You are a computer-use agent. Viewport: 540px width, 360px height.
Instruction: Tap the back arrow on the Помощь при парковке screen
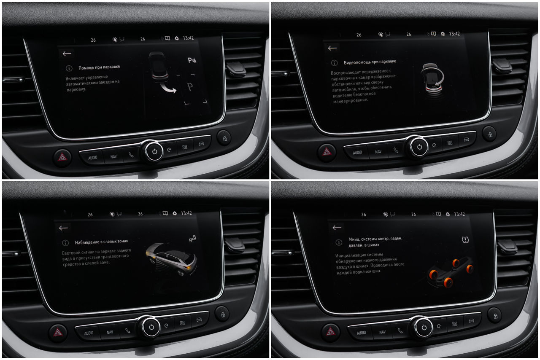(67, 54)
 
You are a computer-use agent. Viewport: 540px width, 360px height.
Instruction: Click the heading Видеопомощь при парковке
(370, 62)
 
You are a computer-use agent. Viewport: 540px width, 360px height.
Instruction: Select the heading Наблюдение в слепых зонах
(101, 242)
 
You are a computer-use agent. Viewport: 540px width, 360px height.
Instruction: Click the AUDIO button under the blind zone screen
(89, 333)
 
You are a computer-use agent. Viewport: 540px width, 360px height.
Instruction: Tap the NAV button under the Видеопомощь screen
(378, 152)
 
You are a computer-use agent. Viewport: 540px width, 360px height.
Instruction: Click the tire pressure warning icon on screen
(465, 239)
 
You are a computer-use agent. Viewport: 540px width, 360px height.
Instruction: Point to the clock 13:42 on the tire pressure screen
(459, 214)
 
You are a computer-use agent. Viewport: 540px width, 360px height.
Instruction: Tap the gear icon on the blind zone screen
(175, 213)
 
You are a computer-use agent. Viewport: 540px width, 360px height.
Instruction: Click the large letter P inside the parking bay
(190, 87)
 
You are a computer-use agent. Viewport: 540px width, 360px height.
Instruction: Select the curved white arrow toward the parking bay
(168, 89)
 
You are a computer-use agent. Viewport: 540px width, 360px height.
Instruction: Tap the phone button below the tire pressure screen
(400, 330)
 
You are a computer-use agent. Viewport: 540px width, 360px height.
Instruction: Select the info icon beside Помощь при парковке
(69, 68)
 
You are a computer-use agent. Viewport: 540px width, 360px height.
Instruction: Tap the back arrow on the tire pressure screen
(337, 228)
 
